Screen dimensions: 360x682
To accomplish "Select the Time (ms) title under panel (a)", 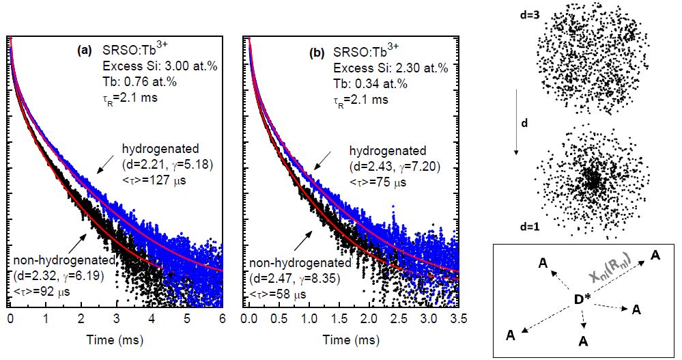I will tap(117, 340).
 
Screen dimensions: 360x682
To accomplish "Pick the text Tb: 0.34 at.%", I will tap(370, 83).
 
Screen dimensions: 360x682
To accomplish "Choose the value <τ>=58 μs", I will tap(276, 294).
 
